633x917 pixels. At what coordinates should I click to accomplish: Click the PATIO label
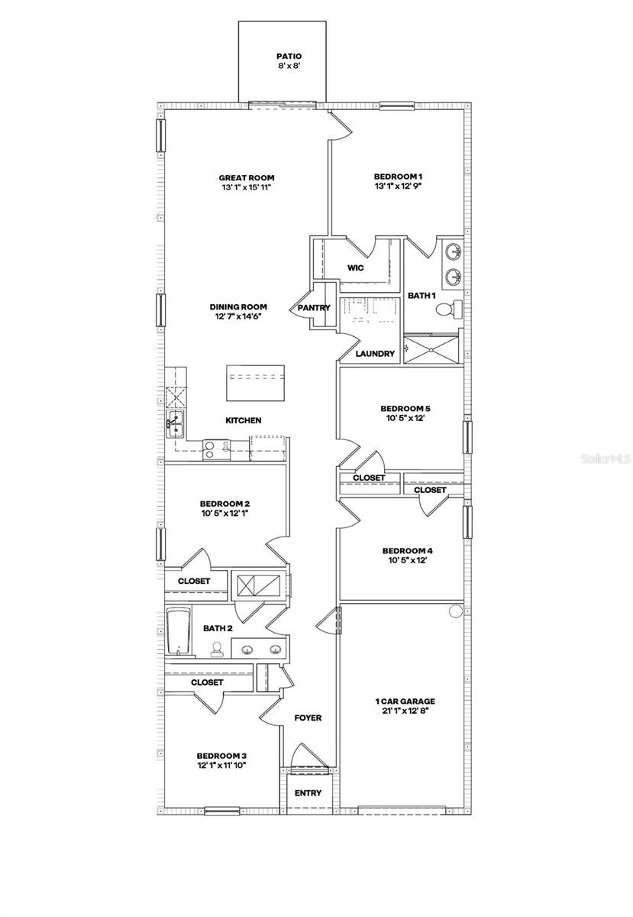coord(289,56)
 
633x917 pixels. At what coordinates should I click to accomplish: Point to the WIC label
coord(355,268)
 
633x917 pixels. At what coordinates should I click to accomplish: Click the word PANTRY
coord(314,308)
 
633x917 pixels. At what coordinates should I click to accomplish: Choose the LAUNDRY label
coord(376,354)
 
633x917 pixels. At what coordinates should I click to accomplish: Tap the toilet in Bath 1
coord(450,309)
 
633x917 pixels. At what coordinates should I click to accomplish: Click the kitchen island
coord(256,382)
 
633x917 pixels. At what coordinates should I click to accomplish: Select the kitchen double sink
coord(176,423)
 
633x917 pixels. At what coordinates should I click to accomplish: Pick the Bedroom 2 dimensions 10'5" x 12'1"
coord(225,514)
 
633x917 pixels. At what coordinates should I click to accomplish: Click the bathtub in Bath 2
coord(179,632)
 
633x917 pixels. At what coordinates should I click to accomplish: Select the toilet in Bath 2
coord(217,650)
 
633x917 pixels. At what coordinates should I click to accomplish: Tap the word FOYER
coord(308,718)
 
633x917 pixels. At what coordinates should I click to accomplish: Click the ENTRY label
coord(308,793)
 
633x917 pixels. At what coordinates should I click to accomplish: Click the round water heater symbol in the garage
coord(456,611)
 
